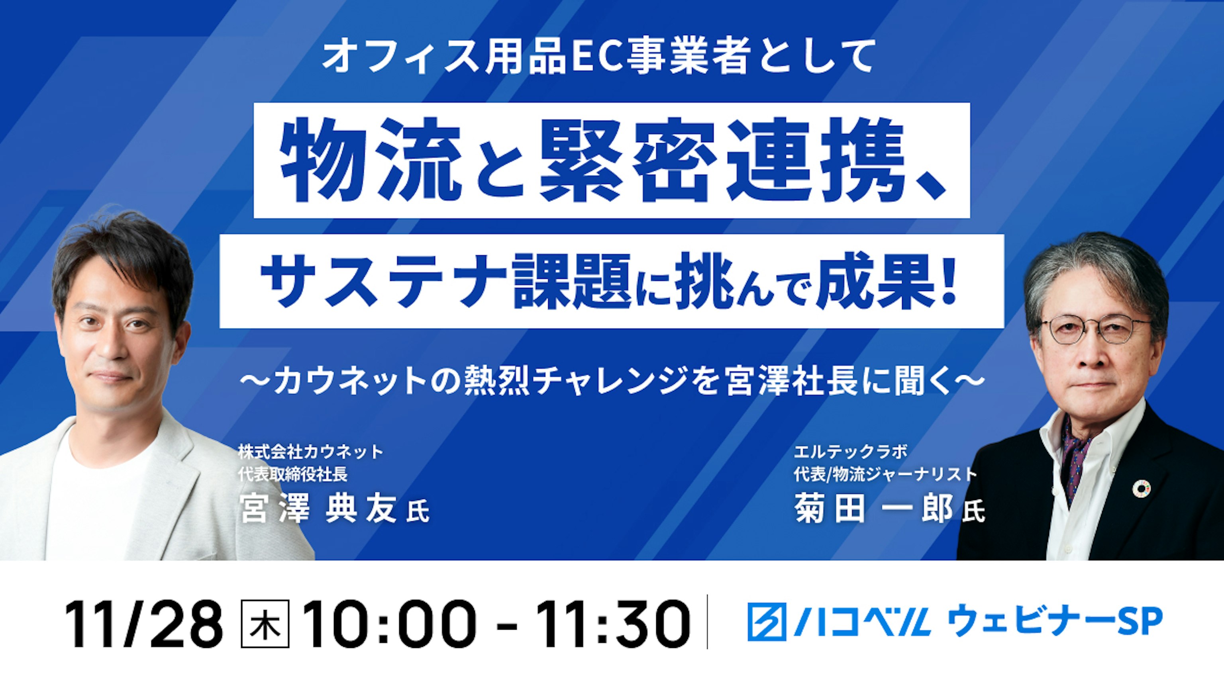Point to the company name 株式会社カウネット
pyautogui.click(x=311, y=452)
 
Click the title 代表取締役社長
pyautogui.click(x=293, y=474)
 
